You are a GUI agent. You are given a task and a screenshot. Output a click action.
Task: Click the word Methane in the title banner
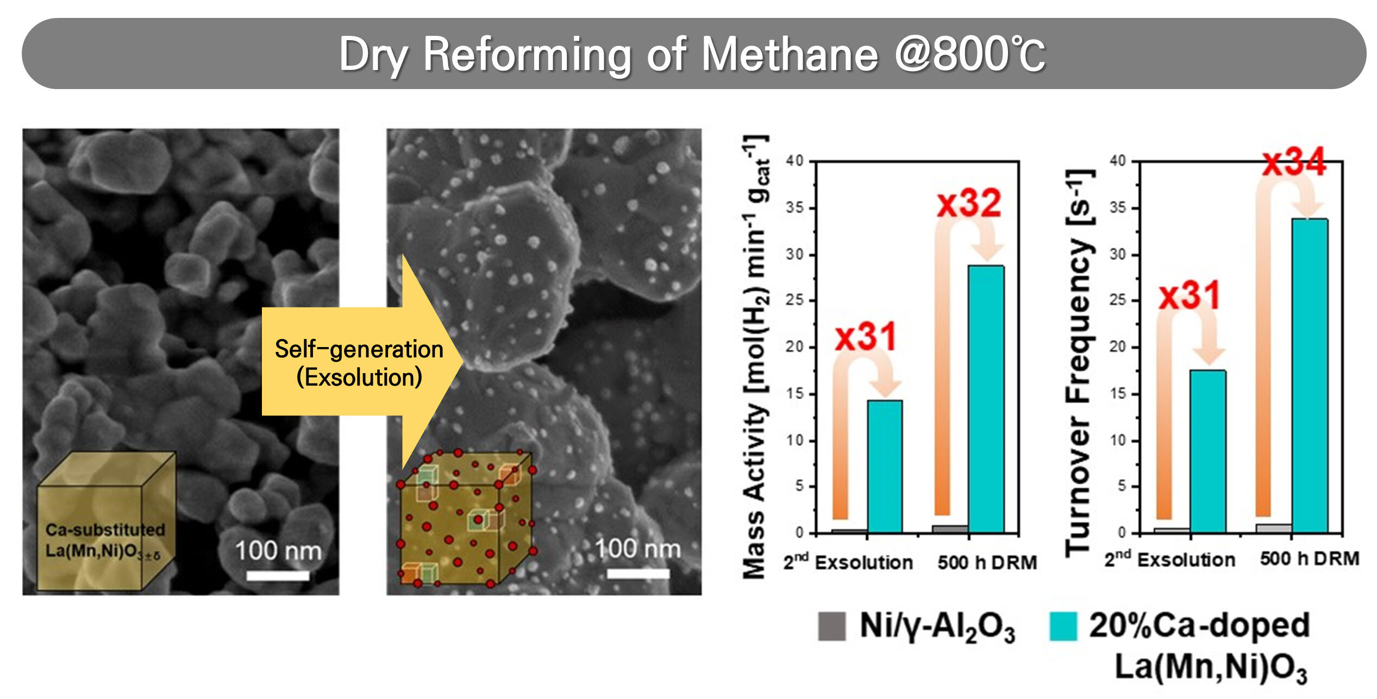point(790,54)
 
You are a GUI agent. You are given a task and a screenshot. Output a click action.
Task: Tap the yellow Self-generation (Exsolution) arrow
point(359,362)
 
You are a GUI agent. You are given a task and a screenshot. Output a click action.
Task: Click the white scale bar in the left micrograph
point(278,575)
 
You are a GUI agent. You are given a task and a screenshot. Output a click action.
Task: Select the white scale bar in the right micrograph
point(637,574)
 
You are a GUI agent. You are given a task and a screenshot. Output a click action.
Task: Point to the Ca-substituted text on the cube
point(105,530)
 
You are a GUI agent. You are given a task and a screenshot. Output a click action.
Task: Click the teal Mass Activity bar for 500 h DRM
point(986,399)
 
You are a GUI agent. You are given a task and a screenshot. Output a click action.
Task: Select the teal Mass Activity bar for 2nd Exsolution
point(885,467)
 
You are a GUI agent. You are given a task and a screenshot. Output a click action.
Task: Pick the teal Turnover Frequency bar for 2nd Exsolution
point(1207,451)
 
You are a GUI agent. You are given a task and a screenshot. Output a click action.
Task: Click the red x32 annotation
point(969,204)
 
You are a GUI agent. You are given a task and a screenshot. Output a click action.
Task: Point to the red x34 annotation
point(1294,162)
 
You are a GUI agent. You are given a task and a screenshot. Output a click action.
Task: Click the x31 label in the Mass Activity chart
point(866,337)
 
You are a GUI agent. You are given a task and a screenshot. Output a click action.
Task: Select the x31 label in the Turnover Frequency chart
point(1190,296)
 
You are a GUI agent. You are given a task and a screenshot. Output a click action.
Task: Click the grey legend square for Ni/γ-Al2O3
point(831,626)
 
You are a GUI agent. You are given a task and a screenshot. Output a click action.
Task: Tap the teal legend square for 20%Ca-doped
point(1063,626)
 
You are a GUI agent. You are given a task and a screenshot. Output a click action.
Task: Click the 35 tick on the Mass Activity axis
point(794,208)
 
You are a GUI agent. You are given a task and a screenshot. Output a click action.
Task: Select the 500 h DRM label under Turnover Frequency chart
point(1310,558)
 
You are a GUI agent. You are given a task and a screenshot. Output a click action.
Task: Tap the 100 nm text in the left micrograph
point(278,551)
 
